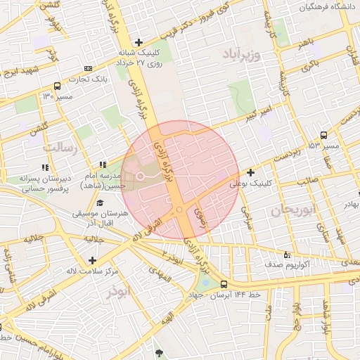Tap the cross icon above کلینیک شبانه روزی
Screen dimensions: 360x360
[x=139, y=42]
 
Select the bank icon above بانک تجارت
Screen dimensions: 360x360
[x=88, y=68]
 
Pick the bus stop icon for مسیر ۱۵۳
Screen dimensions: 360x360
[x=323, y=135]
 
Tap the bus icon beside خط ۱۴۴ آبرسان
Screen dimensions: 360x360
[x=224, y=284]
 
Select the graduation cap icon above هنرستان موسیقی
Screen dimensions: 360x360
[x=98, y=202]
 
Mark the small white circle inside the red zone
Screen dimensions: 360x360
[x=140, y=175]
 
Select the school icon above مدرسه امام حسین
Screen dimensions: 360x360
[x=103, y=164]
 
